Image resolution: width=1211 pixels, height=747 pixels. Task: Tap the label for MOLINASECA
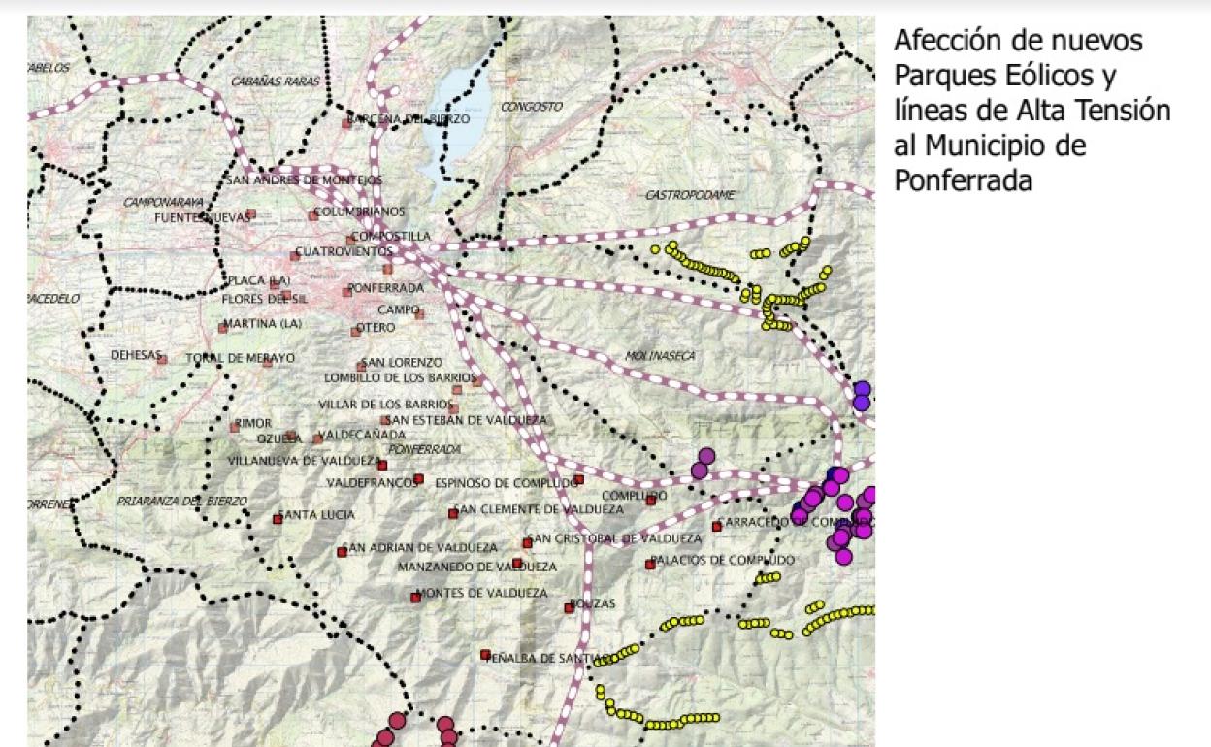[x=661, y=356]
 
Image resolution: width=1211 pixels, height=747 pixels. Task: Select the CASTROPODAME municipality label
[x=690, y=195]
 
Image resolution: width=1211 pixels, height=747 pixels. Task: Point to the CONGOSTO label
[x=531, y=106]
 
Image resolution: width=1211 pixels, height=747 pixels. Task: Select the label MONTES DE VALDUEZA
[x=481, y=593]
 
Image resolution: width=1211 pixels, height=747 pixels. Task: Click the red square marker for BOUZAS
[x=570, y=608]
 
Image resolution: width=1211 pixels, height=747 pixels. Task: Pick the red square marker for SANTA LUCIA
[x=278, y=519]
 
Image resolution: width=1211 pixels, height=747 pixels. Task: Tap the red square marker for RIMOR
[x=234, y=426]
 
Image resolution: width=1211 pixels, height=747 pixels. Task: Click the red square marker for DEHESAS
[x=163, y=359]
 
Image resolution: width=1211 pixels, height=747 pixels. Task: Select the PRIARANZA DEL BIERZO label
[x=181, y=501]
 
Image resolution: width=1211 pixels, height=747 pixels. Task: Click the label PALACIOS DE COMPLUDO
[x=723, y=560]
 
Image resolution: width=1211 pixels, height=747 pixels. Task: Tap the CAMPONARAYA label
[x=162, y=202]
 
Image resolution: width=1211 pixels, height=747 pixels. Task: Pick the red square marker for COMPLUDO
[x=651, y=501]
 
